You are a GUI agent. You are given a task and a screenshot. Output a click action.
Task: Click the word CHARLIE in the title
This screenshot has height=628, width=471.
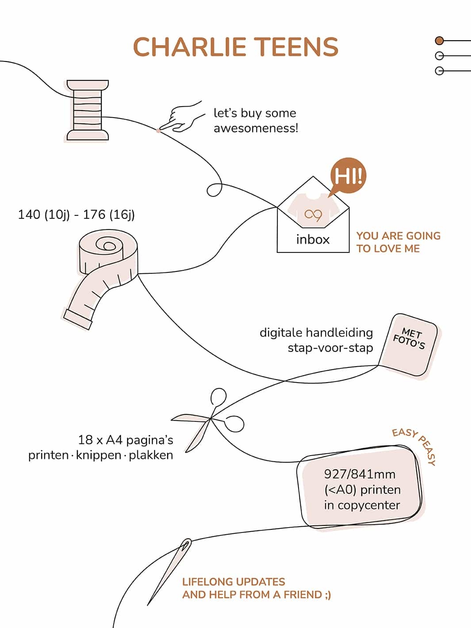click(190, 47)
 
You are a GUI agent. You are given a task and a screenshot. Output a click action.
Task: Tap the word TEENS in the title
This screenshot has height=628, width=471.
click(296, 47)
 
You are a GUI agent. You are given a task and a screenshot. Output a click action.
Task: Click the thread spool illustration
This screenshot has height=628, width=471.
click(87, 111)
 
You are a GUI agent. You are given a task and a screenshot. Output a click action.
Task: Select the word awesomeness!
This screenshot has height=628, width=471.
click(256, 128)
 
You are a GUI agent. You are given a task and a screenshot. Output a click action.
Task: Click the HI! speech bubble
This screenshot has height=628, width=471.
click(348, 176)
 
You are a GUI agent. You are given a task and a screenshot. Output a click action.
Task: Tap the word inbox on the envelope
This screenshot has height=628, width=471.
click(313, 240)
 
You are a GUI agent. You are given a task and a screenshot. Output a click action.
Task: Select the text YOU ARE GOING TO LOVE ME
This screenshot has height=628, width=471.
click(398, 242)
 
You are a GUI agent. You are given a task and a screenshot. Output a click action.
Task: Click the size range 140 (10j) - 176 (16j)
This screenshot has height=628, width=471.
click(76, 215)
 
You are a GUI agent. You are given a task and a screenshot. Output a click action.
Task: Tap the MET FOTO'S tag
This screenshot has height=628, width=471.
click(409, 345)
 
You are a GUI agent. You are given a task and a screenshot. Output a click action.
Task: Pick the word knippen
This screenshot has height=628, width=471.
click(99, 455)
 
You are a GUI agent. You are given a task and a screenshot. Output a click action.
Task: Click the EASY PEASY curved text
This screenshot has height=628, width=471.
click(415, 445)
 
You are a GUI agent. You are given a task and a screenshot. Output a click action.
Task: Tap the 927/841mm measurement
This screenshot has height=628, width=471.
click(360, 474)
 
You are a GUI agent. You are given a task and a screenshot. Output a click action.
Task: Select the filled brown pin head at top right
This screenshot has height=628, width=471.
click(439, 41)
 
